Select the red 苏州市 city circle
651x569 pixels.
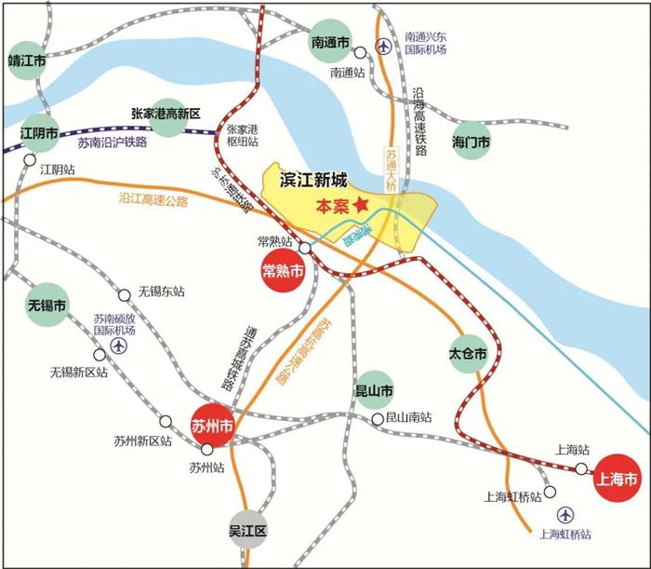[x=211, y=427]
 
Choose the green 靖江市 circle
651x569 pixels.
[x=27, y=61]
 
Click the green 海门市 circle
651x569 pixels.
[x=471, y=142]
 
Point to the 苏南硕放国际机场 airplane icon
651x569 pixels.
[x=118, y=345]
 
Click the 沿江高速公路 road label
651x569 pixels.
[x=153, y=199]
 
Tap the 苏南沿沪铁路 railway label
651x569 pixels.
[x=112, y=143]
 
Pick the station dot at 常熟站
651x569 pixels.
[x=304, y=248]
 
